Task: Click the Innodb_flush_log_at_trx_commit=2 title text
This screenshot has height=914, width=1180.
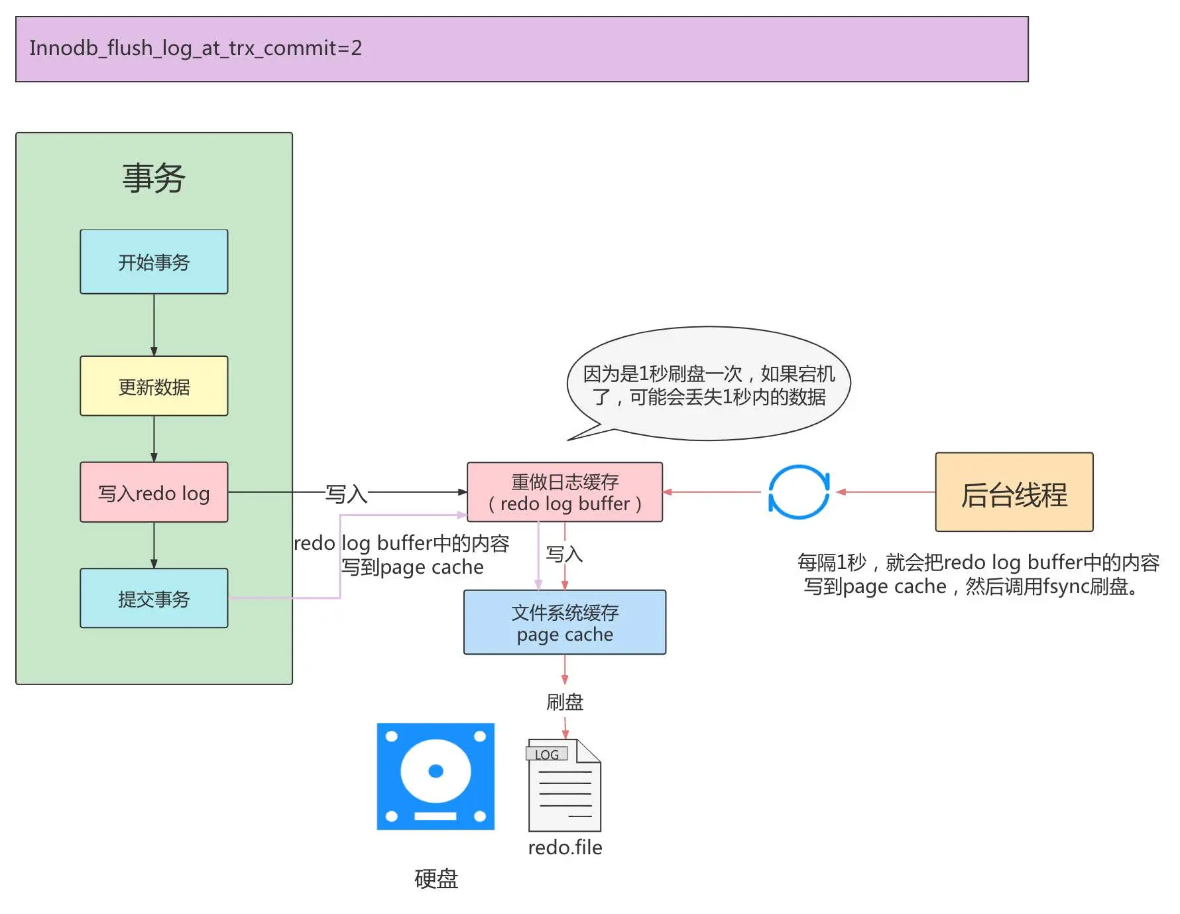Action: [x=196, y=48]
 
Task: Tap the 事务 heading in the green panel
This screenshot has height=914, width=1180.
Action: [x=154, y=178]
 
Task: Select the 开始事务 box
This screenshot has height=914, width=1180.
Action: [x=154, y=262]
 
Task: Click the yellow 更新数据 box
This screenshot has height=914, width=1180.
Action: [x=154, y=386]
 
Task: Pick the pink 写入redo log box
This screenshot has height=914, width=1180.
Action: [x=154, y=493]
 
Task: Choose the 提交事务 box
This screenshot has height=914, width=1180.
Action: [x=154, y=598]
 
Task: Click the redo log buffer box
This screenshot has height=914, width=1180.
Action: [x=565, y=492]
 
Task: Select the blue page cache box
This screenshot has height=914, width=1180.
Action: [x=565, y=622]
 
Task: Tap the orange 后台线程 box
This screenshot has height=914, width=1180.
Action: [x=1014, y=492]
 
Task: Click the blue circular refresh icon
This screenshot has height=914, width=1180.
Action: [x=799, y=492]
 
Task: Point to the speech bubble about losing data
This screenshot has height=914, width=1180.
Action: [x=709, y=385]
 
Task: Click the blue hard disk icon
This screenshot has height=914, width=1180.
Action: [x=436, y=776]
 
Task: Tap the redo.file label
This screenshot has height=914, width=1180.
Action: [x=565, y=848]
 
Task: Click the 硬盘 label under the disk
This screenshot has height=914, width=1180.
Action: [x=436, y=879]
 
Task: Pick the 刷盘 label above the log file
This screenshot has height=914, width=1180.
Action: [x=565, y=702]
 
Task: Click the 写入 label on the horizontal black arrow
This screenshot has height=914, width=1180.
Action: [x=346, y=493]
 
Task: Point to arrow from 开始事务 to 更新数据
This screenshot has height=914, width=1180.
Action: [x=154, y=325]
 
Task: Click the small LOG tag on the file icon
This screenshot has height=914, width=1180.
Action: [x=547, y=755]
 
